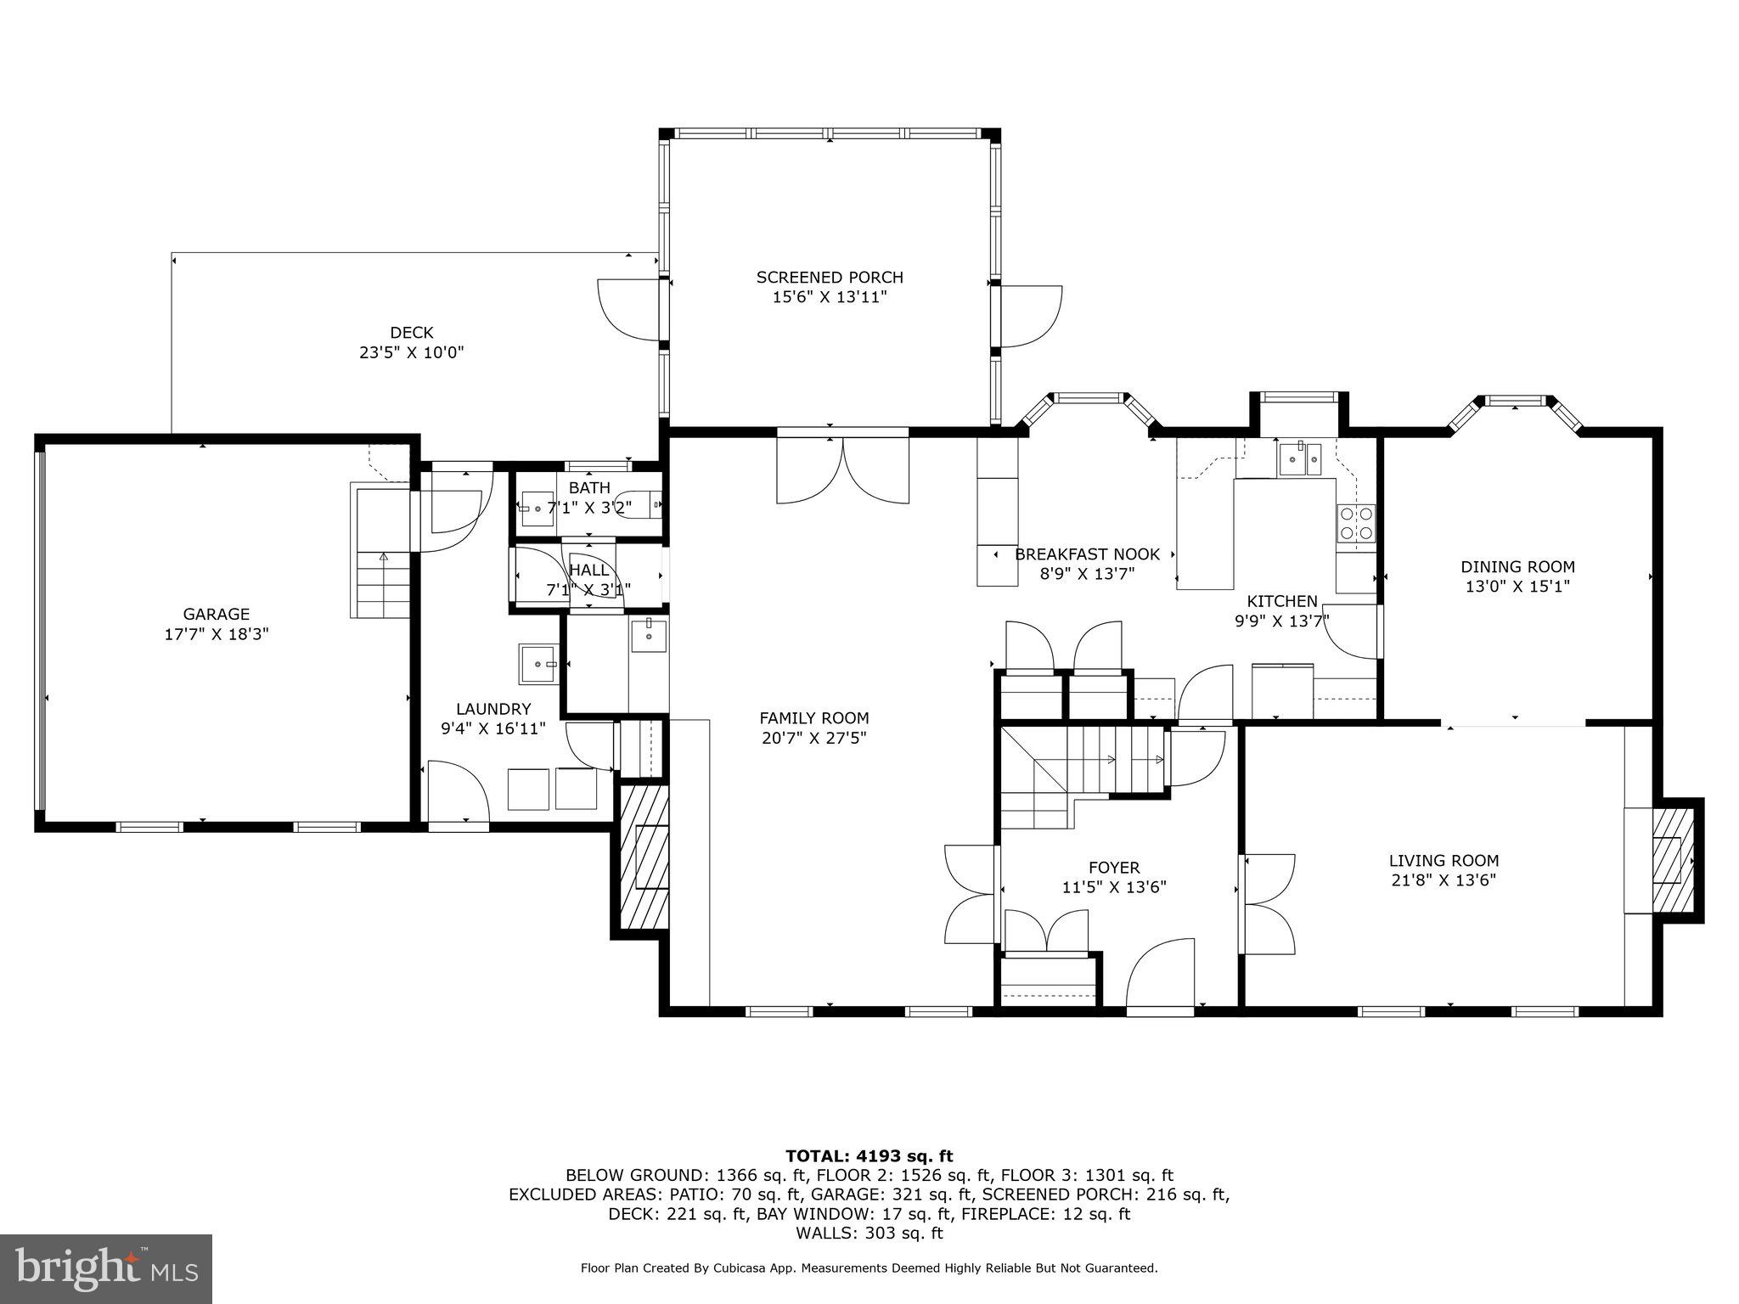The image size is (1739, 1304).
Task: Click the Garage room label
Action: coord(217,614)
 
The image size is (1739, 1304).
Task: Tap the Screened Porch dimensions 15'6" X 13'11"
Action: coord(830,297)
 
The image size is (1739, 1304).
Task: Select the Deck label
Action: coord(412,333)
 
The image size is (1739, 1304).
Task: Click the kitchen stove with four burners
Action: coord(1355,523)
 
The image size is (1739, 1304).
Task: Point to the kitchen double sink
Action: coord(1299,460)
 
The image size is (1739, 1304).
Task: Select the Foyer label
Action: coord(1114,868)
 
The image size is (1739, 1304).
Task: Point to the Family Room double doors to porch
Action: coord(842,471)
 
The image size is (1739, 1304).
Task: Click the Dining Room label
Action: coord(1517,567)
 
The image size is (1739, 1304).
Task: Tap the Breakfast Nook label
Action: coord(1087,554)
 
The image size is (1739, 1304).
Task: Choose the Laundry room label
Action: coord(492,709)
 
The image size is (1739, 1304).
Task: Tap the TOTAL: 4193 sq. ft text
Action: coord(869,1155)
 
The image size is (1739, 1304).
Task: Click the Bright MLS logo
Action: coord(106,1268)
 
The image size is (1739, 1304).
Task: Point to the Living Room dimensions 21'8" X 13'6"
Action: coord(1444,880)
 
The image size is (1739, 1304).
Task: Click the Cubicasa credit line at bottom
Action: coord(869,1268)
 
